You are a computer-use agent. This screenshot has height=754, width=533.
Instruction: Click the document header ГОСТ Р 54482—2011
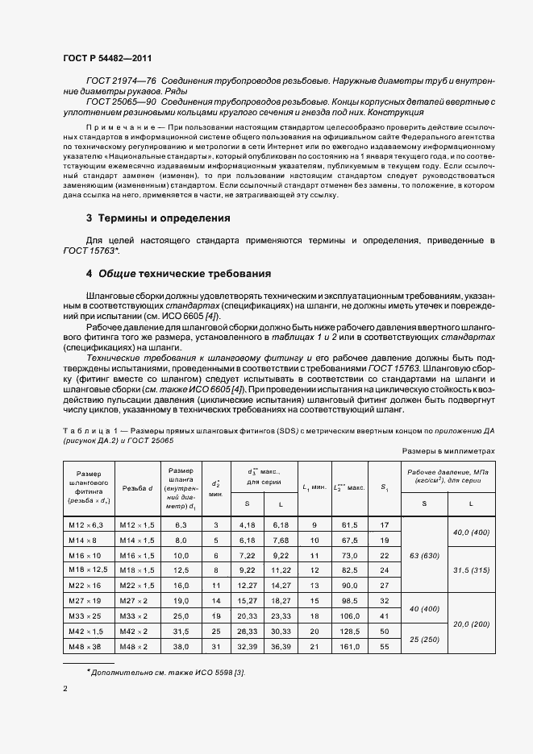[x=106, y=59]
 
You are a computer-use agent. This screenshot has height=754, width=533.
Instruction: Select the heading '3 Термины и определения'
[x=158, y=218]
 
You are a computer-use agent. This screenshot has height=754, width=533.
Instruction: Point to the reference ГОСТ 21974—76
[x=120, y=81]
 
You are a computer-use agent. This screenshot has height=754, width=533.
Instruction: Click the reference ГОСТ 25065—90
[x=120, y=102]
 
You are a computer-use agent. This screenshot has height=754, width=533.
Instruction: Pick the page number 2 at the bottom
[x=65, y=689]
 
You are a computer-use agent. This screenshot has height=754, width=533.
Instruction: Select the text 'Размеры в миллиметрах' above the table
[x=448, y=453]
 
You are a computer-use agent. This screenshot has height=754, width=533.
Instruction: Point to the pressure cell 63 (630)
[x=425, y=556]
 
